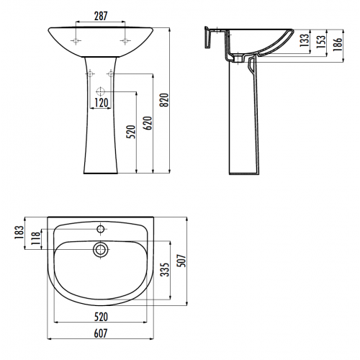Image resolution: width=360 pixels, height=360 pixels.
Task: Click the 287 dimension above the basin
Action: point(101,16)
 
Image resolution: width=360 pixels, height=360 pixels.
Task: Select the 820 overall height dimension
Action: point(165,100)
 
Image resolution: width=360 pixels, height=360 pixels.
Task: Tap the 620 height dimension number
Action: point(148,123)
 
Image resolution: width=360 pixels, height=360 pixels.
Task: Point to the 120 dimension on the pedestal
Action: point(102,103)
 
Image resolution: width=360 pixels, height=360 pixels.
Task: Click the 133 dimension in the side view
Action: point(305,40)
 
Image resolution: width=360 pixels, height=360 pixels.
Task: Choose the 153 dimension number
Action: point(321,41)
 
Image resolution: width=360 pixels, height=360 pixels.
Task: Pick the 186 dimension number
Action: point(338,44)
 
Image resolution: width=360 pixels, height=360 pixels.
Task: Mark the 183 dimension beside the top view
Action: point(19,232)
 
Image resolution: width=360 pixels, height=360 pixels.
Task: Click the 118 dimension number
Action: point(36,238)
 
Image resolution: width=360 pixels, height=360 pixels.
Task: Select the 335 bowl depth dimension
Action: point(165,269)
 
